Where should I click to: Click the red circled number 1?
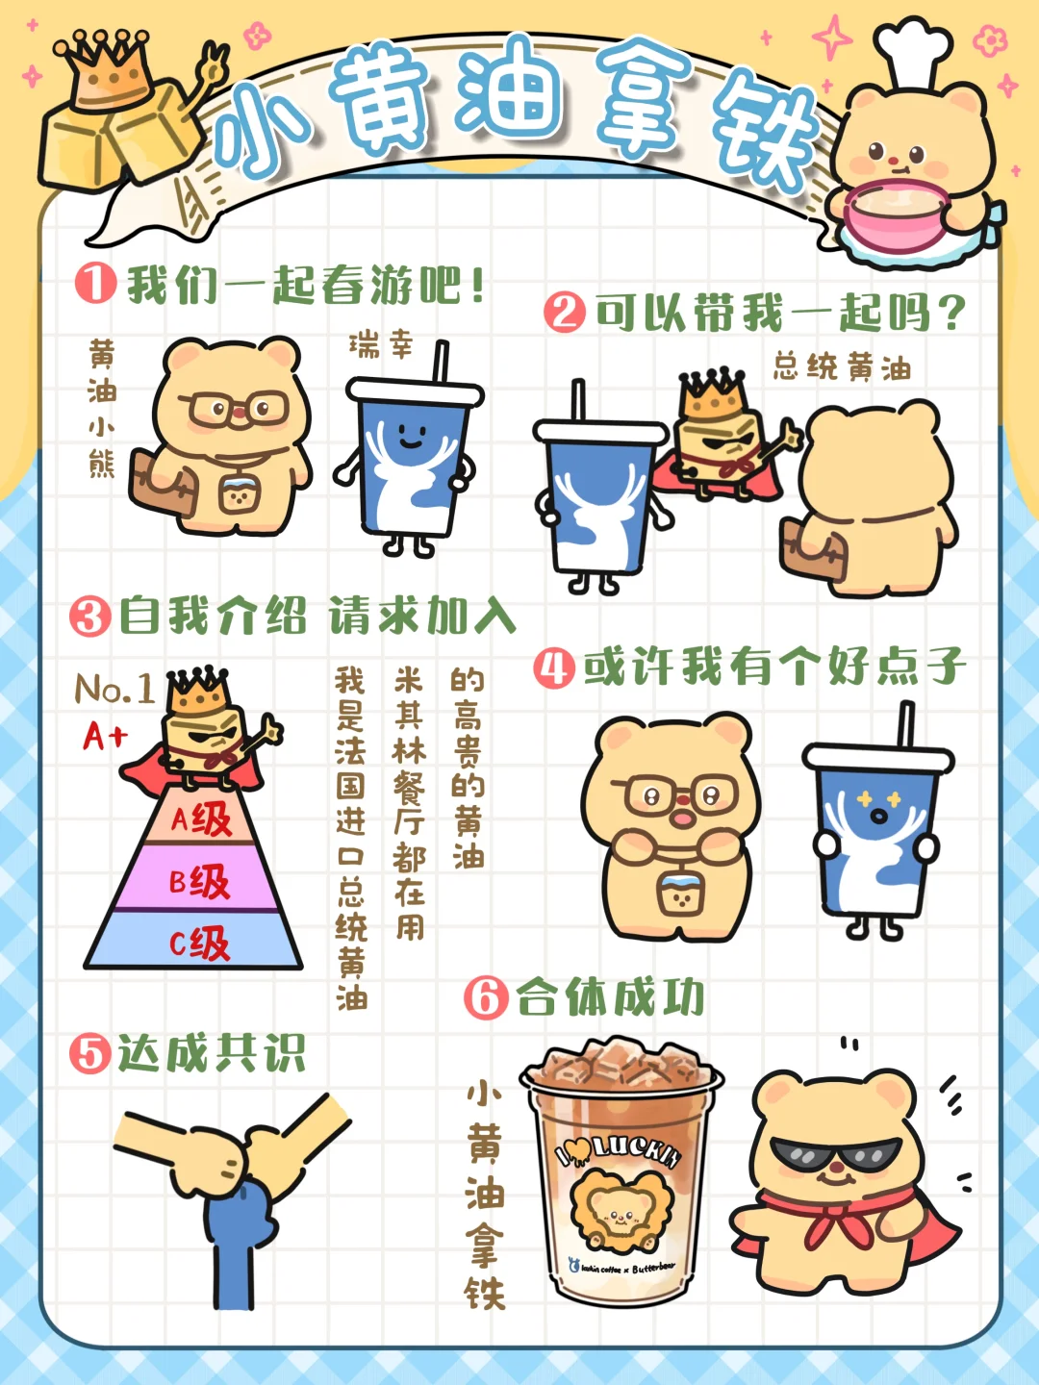(x=96, y=284)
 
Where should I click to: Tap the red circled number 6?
(x=486, y=996)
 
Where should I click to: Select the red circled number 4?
(x=554, y=667)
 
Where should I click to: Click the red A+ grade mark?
(x=105, y=735)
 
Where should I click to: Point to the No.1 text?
(x=114, y=688)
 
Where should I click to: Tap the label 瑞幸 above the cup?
(x=380, y=344)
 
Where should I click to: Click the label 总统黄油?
(x=842, y=367)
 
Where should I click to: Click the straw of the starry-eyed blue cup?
(x=906, y=725)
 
